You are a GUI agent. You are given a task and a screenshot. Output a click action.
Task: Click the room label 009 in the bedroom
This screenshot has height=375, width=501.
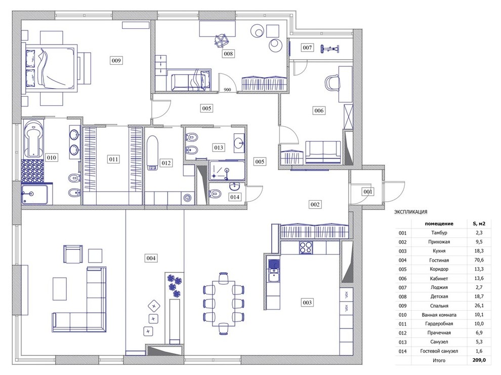(116, 60)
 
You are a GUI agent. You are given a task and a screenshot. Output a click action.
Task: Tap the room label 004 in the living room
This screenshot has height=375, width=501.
(151, 258)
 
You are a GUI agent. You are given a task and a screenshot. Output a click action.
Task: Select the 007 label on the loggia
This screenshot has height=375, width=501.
(307, 47)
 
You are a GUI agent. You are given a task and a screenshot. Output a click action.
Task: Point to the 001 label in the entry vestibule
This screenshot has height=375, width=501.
(368, 192)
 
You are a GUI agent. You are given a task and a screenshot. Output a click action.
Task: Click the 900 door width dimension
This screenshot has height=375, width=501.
(227, 90)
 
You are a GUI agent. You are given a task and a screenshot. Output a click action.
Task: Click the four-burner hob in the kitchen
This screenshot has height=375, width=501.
(306, 248)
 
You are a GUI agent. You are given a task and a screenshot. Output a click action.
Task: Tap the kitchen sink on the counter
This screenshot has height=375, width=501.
(273, 271)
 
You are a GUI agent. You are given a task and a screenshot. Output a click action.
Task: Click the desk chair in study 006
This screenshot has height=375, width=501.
(332, 83)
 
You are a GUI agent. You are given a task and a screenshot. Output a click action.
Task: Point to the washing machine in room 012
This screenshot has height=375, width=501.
(187, 198)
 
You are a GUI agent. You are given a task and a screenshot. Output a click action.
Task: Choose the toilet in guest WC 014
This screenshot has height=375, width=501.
(215, 193)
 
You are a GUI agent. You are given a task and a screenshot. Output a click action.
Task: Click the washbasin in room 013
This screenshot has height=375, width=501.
(239, 141)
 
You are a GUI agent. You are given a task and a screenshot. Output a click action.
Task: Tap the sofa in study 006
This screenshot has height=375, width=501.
(323, 152)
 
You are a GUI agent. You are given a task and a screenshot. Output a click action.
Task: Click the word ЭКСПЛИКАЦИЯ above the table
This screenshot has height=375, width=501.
(410, 212)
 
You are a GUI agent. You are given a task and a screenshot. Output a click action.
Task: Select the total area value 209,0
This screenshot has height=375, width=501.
(479, 360)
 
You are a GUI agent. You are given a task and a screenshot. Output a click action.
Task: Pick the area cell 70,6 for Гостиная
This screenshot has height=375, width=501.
(479, 260)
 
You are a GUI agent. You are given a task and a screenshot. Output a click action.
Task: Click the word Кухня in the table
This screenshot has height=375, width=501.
(439, 251)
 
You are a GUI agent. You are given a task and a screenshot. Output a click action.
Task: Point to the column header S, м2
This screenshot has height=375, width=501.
(479, 223)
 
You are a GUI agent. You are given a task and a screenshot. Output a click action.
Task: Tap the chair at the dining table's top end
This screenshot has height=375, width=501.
(224, 277)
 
